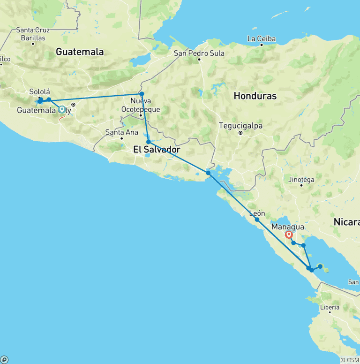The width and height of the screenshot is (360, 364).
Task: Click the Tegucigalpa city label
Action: [x=241, y=126]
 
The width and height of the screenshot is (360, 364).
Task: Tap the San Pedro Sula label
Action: [x=199, y=53]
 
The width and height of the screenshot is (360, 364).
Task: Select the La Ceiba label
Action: [x=262, y=38]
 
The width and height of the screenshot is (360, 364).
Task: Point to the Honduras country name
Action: [x=255, y=96]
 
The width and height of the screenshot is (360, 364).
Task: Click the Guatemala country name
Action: [x=80, y=52]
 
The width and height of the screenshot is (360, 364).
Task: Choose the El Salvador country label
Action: [x=157, y=150]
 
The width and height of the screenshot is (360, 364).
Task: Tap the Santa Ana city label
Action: [x=122, y=132]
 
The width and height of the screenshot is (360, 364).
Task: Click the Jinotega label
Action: [x=301, y=179]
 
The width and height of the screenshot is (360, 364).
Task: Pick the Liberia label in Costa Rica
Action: [x=330, y=308]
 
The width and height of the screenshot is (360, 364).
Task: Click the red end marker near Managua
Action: [x=289, y=235]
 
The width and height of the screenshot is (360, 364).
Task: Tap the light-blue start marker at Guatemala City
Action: [x=62, y=110]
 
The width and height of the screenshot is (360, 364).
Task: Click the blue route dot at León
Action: [x=257, y=220]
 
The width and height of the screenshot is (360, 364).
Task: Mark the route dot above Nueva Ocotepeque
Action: [x=142, y=94]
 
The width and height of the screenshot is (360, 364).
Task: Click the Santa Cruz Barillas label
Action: [x=33, y=34]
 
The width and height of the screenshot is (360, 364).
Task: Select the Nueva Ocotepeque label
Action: [x=140, y=106]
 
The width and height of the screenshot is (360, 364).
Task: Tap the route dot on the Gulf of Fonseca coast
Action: [x=208, y=173]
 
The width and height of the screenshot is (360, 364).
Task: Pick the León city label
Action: [x=257, y=213]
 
